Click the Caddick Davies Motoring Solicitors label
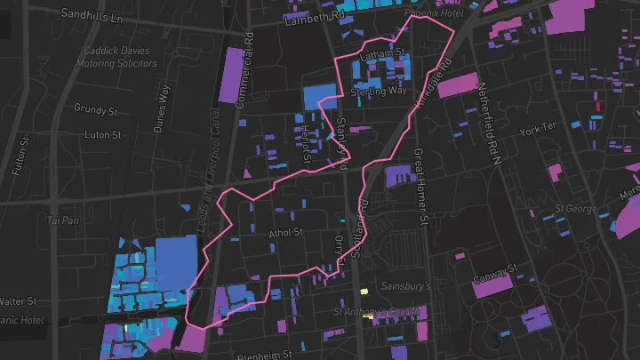point(122,58)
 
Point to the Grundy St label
point(97,112)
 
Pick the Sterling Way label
point(378,92)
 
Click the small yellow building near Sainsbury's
point(362,292)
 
